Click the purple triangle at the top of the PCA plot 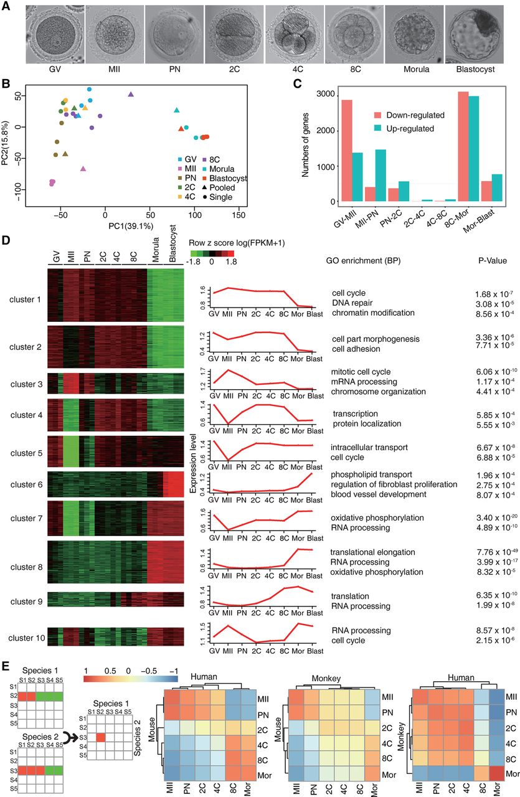coord(131,95)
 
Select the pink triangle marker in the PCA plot coord(83,169)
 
